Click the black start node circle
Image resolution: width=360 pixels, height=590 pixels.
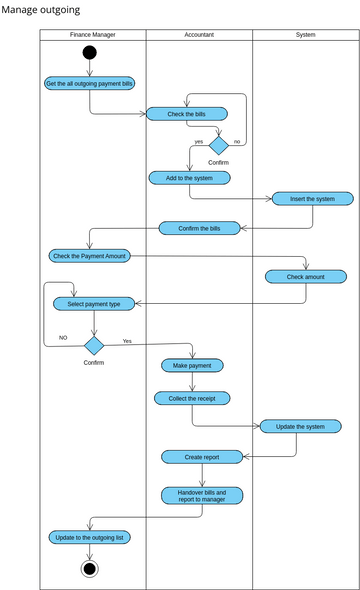click(90, 53)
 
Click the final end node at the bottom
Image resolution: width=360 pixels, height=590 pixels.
click(90, 568)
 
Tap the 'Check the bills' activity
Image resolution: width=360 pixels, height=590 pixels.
click(186, 114)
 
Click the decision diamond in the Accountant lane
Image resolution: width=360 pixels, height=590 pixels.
click(218, 145)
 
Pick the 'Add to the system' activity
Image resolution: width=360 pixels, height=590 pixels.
click(189, 178)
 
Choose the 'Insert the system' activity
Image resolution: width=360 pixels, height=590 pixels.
click(312, 199)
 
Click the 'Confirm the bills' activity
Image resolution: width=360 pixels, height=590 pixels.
click(199, 228)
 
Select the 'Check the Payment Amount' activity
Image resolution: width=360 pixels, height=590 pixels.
click(88, 256)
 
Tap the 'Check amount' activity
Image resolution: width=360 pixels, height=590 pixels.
click(305, 276)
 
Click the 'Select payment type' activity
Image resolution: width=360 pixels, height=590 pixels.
click(93, 303)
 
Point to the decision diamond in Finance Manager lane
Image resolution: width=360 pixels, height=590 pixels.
click(93, 345)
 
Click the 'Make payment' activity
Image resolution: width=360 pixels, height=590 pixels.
click(192, 366)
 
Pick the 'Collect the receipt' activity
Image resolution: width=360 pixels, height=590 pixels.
click(192, 398)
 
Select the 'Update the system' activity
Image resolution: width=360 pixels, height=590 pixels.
click(300, 426)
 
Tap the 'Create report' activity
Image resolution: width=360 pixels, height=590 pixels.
click(202, 456)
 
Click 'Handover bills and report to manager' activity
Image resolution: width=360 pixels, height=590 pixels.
click(202, 495)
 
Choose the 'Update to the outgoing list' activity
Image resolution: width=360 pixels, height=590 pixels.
click(90, 537)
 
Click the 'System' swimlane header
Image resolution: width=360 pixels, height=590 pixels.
click(305, 35)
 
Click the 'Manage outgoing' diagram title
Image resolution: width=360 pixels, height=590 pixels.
click(40, 9)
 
